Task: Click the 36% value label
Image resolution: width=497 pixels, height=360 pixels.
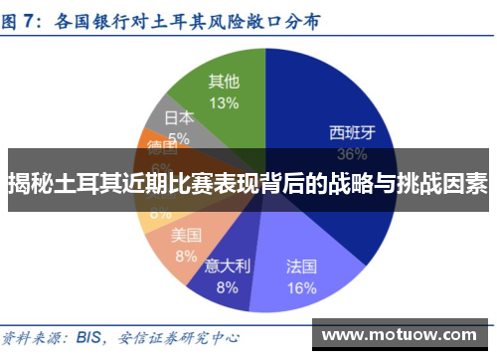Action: [x=353, y=154]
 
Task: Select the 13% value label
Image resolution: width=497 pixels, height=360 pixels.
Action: [x=224, y=102]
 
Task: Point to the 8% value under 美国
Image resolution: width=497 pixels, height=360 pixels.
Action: [x=186, y=255]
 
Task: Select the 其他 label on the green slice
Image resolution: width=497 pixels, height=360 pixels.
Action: [x=224, y=81]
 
